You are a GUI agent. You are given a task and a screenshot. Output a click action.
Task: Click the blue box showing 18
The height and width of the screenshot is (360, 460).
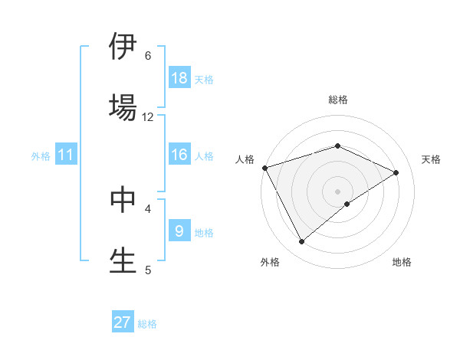[x=179, y=78]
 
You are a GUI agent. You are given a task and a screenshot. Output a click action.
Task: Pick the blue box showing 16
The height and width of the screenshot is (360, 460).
[x=179, y=155]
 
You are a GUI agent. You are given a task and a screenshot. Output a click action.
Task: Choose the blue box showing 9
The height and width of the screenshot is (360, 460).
[x=179, y=231]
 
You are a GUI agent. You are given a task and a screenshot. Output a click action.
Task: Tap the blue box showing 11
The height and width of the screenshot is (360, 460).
[x=66, y=155]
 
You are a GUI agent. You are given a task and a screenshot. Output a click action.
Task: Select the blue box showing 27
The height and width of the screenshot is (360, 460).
[x=123, y=322]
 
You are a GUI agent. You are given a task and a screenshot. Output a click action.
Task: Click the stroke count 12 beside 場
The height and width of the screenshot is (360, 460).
[x=148, y=116]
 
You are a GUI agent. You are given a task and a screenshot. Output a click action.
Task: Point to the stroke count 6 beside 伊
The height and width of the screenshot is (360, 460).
[x=148, y=55]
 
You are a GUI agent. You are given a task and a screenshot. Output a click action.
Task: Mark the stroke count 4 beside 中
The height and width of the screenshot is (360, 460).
[x=148, y=208]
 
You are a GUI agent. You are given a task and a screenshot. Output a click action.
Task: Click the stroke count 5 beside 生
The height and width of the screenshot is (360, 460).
[x=148, y=270]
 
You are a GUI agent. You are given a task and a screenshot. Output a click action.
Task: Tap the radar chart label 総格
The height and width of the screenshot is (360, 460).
[x=338, y=100]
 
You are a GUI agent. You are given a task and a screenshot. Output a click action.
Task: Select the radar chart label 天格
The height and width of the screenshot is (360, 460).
[x=432, y=159]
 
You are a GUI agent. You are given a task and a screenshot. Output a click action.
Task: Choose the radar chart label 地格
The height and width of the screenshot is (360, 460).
[x=402, y=262]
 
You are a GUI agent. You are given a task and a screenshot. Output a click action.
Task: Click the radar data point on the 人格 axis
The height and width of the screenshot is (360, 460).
[x=264, y=168]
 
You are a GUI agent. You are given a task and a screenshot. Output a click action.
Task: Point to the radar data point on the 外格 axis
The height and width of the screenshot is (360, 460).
[x=302, y=242]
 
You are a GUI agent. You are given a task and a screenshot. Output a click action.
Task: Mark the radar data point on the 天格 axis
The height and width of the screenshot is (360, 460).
[x=396, y=172]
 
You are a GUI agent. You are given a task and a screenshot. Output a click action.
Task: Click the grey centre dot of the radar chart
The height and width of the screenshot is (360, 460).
[x=338, y=191]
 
